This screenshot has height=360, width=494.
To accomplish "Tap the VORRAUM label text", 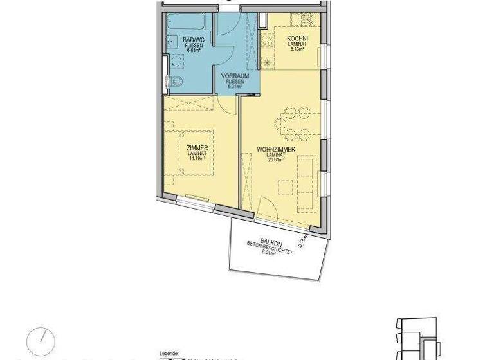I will coord(235,76).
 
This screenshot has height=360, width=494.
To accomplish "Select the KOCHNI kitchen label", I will coord(298,39).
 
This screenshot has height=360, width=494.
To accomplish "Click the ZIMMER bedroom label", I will coord(196,148).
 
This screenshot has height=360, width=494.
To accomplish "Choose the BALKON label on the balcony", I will coord(270,242).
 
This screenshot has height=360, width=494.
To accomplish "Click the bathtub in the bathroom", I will coord(190,23).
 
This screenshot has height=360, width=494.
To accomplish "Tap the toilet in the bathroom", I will coord(178,81).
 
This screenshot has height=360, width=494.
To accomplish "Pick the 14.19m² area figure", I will coord(196,159).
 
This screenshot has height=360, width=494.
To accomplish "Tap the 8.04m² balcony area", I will coord(269,253).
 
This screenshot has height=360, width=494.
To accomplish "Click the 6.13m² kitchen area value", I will coord(298,50).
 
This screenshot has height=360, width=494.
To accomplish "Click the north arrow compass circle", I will coord(41,340).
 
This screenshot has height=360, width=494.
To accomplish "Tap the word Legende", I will coord(169,354).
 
